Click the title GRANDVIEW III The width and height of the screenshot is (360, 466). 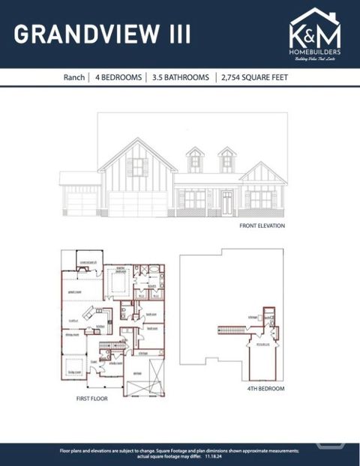pos(102,34)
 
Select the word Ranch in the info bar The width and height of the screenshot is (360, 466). pos(73,77)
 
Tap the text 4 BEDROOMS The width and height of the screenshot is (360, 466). pos(118,77)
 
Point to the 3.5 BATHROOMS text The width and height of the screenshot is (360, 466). pos(179,77)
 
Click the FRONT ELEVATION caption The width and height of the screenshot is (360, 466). pos(262,226)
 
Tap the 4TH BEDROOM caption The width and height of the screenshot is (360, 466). pos(263,390)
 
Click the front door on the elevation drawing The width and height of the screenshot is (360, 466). pos(226,201)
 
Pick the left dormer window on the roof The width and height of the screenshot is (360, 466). pos(195,160)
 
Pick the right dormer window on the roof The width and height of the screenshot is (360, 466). pos(227,160)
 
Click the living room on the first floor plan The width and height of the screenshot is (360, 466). pos(75,369)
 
